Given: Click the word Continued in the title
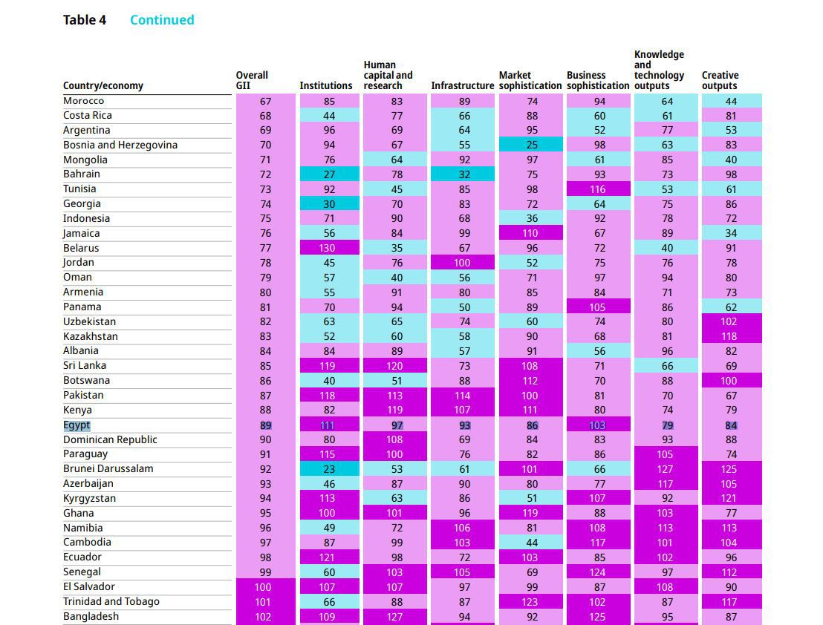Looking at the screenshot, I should pos(162,20).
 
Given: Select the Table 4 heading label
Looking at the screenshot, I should pos(85,20).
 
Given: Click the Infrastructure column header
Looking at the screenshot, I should pos(462,85).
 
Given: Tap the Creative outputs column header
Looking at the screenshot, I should pos(720,80).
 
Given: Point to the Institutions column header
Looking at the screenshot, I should pos(326,85).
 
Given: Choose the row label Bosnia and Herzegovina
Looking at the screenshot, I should pos(120,145).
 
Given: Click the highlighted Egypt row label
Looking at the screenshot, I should pos(77,425).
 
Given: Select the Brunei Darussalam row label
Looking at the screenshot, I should pos(108,468).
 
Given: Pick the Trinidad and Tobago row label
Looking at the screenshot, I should pos(111,601).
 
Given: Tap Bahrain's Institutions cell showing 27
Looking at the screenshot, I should pos(329,174).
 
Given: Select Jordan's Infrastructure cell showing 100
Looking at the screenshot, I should pos(462,263).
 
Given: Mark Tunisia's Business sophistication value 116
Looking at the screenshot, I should pos(598,189).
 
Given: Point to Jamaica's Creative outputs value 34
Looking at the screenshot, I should pos(731,234).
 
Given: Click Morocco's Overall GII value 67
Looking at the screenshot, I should pos(265,101).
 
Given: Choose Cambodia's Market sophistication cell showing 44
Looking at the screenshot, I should pos(531,543).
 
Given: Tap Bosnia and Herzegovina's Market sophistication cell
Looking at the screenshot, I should pos(531,145).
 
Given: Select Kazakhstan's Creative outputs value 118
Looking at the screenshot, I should pos(731,336).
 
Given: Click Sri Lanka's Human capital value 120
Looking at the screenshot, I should pos(394,366).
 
